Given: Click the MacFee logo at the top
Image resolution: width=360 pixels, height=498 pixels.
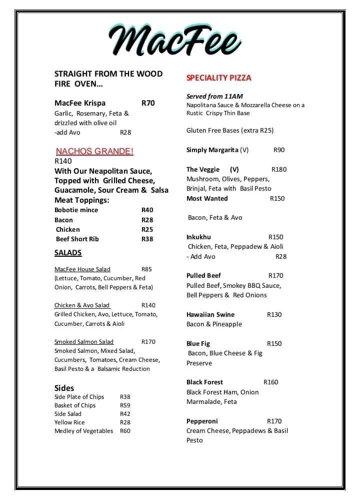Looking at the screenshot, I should tap(175, 41).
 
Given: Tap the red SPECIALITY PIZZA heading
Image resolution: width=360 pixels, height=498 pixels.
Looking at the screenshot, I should tap(218, 78).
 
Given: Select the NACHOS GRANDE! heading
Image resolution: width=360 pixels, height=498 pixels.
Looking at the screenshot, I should tap(94, 151).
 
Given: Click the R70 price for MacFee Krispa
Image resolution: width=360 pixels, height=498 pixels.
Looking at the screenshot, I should tap(148, 103).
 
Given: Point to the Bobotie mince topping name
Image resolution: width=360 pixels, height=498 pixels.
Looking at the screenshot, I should tap(76, 210).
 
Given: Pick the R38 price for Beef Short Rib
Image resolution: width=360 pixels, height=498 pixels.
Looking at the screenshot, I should tap(147, 239).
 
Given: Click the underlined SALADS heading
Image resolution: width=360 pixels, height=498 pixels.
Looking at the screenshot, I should tap(68, 253).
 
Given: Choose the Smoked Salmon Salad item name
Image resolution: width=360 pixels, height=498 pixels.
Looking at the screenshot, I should tap(84, 342).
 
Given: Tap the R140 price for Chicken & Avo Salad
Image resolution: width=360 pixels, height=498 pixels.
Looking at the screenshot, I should tap(148, 305).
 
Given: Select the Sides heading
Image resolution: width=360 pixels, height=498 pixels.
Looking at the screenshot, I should tap(64, 388).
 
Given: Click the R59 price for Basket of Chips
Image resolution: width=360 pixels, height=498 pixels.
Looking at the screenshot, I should tap(125, 405).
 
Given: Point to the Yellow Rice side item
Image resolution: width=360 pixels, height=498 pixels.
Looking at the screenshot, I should tap(69, 422).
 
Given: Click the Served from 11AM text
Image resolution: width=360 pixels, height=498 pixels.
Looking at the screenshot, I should tap(214, 96).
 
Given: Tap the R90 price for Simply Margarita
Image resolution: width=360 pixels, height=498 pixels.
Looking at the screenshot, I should tap(279, 150).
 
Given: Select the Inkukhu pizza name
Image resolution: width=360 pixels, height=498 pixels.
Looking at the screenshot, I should tap(198, 237).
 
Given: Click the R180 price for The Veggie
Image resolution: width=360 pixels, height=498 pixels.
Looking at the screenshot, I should tap(279, 170).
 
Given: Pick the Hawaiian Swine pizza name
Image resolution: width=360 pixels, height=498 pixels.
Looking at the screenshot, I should tap(210, 315).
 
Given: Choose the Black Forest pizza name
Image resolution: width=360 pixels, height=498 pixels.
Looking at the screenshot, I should tap(204, 382).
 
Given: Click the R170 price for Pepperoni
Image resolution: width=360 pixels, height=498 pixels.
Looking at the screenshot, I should tap(274, 421).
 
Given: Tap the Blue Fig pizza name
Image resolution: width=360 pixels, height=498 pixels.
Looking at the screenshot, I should tap(198, 344).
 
